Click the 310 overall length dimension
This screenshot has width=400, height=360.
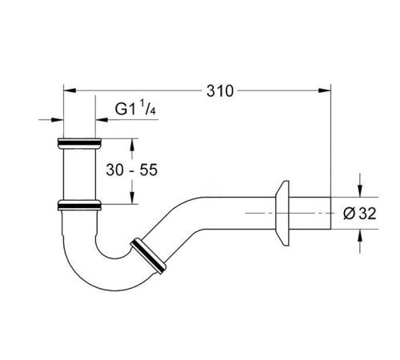tap(220, 90)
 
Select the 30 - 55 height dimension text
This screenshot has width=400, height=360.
tap(132, 170)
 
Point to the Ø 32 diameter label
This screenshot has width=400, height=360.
tap(360, 214)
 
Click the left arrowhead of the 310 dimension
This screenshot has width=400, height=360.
tap(70, 90)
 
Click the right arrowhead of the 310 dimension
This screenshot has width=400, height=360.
tap(325, 90)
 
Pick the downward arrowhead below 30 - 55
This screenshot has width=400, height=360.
tap(132, 198)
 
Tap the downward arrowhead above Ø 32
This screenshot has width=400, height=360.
tap(360, 191)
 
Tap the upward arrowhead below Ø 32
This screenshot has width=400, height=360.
tap(360, 235)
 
